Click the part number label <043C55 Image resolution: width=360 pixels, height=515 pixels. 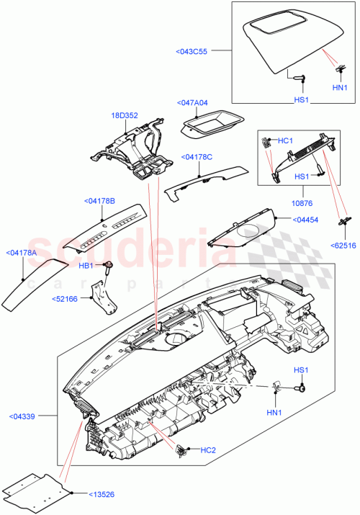pyautogui.click(x=192, y=51)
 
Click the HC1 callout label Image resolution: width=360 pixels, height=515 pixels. pyautogui.click(x=286, y=141)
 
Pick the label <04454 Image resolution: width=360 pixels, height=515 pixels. pyautogui.click(x=306, y=218)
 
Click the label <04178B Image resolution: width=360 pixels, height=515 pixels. pyautogui.click(x=99, y=200)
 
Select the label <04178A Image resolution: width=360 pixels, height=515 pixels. pyautogui.click(x=23, y=253)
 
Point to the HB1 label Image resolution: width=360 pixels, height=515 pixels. pyautogui.click(x=86, y=266)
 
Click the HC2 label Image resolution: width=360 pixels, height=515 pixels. pyautogui.click(x=207, y=450)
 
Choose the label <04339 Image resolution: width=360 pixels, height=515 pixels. pyautogui.click(x=27, y=416)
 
